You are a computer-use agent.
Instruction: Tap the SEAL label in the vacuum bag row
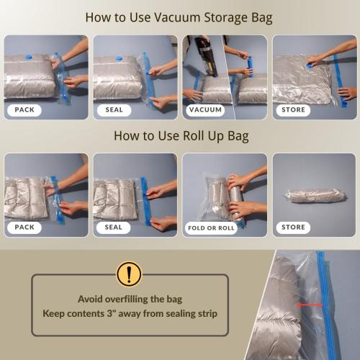tap(114, 110)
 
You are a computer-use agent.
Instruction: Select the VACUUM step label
tap(204, 110)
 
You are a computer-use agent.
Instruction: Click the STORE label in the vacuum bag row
tap(293, 110)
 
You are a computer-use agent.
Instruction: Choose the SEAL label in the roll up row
tap(114, 227)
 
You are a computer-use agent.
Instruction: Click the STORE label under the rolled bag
tap(293, 227)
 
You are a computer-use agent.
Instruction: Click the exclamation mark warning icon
tap(129, 274)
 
